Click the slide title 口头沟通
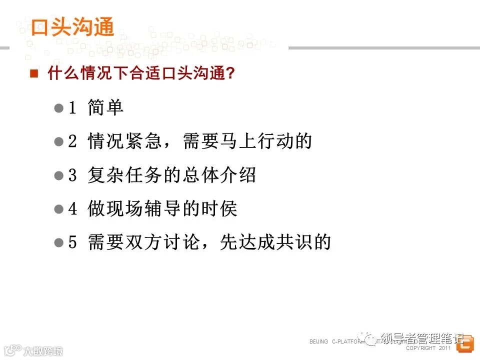(72, 27)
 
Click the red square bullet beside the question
(34, 74)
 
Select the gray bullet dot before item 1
(58, 108)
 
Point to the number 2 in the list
(72, 141)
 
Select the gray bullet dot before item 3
(58, 175)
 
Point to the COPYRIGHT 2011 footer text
(428, 348)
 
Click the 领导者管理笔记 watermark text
(422, 338)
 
